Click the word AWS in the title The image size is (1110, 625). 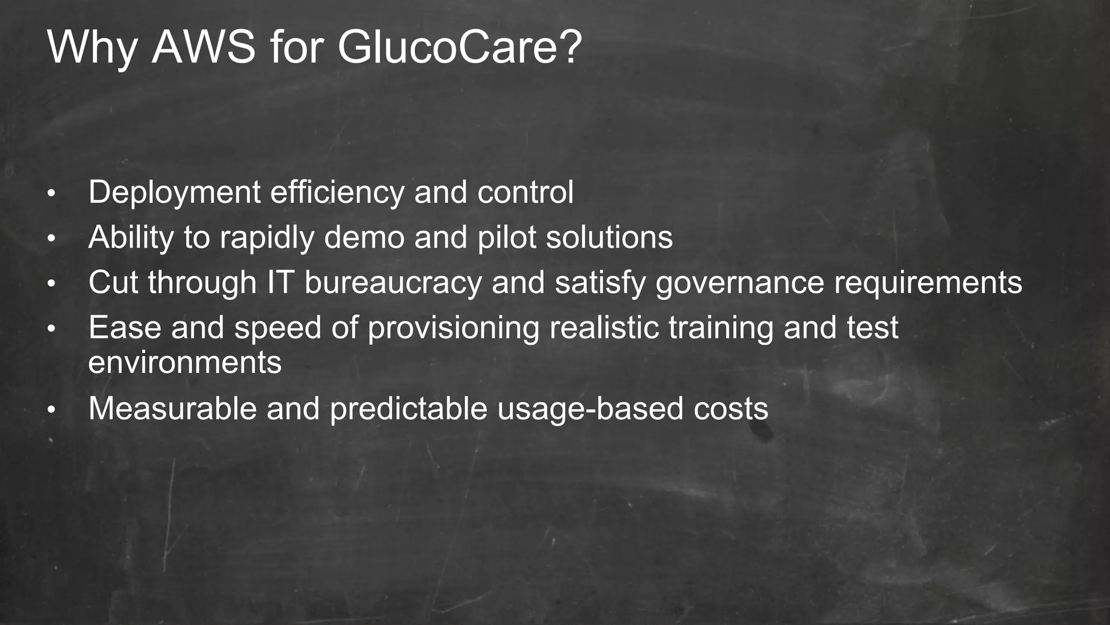(x=203, y=48)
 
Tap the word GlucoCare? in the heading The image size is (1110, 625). (x=460, y=48)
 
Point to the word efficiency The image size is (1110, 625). (x=337, y=193)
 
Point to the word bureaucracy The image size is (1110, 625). (x=393, y=283)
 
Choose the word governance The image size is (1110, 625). (x=739, y=283)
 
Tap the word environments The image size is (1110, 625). (x=185, y=363)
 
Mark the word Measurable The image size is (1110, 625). (x=172, y=408)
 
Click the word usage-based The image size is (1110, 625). (x=590, y=409)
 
